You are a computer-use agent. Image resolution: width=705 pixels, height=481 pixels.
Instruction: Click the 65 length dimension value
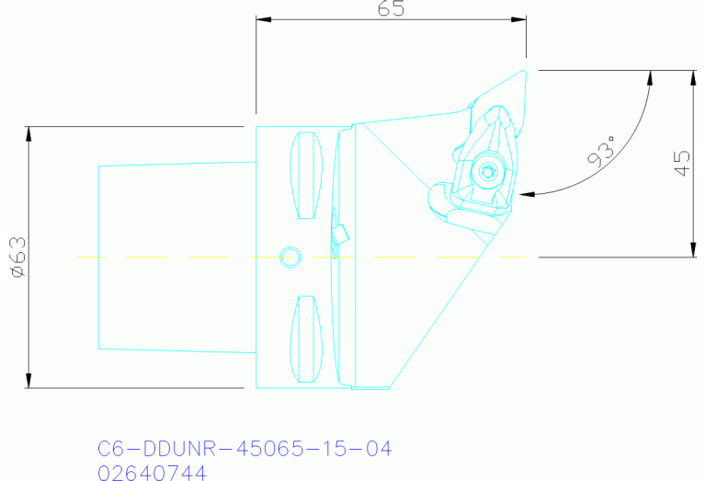[x=390, y=8]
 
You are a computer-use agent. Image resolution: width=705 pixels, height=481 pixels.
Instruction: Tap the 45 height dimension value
[x=681, y=164]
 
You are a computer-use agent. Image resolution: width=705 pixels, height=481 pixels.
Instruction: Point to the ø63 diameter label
[x=17, y=257]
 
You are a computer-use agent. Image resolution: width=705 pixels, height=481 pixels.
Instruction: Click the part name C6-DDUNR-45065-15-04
[x=244, y=449]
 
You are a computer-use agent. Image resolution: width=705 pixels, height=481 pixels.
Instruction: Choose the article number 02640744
[x=152, y=472]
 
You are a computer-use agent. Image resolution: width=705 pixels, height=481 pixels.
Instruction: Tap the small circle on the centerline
[x=290, y=255]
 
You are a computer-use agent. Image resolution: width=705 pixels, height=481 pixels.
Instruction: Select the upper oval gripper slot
[x=306, y=176]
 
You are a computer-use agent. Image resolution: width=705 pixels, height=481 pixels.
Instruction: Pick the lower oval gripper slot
[x=306, y=338]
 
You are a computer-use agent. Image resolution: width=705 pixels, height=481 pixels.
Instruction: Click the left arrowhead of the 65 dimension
[x=262, y=19]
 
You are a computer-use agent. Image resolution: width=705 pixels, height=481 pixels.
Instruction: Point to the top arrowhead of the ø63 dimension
[x=29, y=132]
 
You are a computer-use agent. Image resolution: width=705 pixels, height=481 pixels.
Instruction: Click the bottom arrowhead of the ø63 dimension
[x=29, y=382]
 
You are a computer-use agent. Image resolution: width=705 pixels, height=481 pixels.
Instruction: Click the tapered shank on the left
[x=175, y=257]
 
